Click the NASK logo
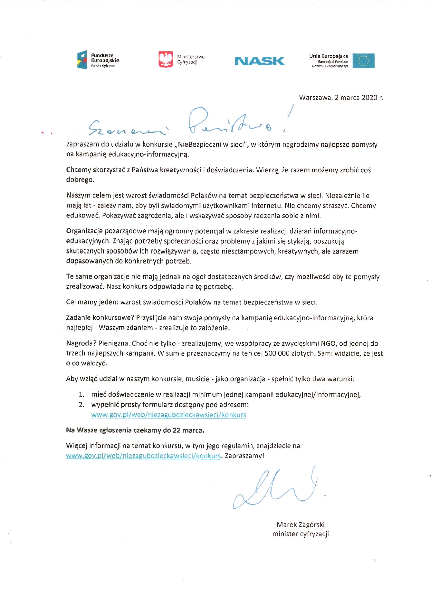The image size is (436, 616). pos(260,61)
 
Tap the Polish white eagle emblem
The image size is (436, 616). pos(166,59)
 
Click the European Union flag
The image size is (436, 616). pos(364,61)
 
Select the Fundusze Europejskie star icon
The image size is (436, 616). pos(82,60)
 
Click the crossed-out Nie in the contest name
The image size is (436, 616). pos(183,145)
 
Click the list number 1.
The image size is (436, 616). pos(81,395)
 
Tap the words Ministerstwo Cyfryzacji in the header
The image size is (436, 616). pos(191,60)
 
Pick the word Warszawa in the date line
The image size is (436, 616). pos(315,98)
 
